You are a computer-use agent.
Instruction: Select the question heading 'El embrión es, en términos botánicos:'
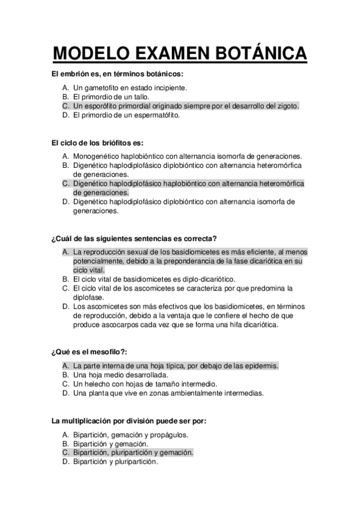point(117,75)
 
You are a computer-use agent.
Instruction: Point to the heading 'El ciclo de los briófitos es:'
point(98,143)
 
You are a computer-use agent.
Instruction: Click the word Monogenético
point(97,156)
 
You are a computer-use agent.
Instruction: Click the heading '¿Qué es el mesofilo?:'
point(93,352)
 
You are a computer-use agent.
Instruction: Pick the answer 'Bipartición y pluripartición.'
point(115,462)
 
